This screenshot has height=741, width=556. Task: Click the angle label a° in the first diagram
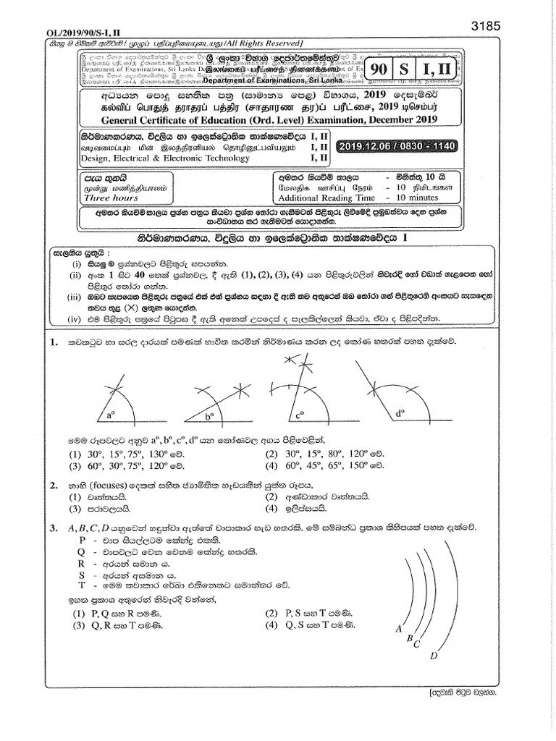pyautogui.click(x=111, y=415)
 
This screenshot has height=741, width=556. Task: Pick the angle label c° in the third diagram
pyautogui.click(x=299, y=415)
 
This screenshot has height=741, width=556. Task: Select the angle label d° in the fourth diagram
pyautogui.click(x=399, y=414)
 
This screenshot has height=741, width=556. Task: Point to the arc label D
pyautogui.click(x=434, y=656)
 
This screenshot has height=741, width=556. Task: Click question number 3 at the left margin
pyautogui.click(x=54, y=529)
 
